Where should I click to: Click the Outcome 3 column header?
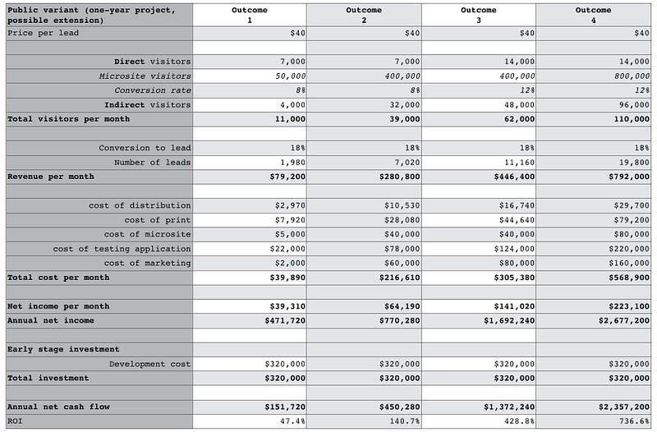pos(478,15)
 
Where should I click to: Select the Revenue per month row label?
pos(51,177)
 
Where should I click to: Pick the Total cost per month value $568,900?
pos(629,278)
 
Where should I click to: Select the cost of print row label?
pos(158,220)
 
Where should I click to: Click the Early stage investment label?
pos(63,349)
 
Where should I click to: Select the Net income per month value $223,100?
pos(629,306)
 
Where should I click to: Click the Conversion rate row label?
pos(153,90)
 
